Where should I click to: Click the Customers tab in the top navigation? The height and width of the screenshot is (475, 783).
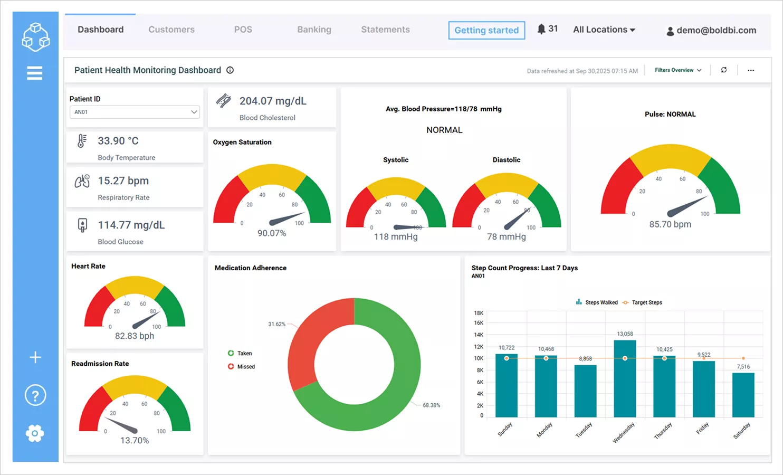(x=171, y=30)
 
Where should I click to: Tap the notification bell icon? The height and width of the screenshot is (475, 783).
(x=541, y=29)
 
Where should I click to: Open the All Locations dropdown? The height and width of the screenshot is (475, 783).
(x=604, y=30)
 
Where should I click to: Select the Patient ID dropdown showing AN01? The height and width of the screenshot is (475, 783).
(x=135, y=112)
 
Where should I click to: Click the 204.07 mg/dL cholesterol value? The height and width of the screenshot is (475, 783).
(x=272, y=101)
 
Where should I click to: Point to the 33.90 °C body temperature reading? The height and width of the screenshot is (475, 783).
(x=118, y=141)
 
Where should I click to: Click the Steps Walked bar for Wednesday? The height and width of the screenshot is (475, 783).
(x=625, y=379)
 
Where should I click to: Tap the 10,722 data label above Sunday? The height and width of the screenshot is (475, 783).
(x=506, y=348)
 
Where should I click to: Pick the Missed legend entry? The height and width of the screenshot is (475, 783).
(x=245, y=367)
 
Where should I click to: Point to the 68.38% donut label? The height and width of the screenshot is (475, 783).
(x=431, y=405)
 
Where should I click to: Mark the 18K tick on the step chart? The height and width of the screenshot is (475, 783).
(x=478, y=313)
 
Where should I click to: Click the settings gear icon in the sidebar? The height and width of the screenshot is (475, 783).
(x=35, y=433)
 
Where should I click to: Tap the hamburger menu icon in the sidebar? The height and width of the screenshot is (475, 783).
(x=35, y=73)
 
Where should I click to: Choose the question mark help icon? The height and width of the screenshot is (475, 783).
(x=35, y=395)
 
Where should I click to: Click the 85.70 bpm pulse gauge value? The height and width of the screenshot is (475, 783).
(x=670, y=224)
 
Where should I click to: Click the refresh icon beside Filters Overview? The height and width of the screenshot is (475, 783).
(x=724, y=70)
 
